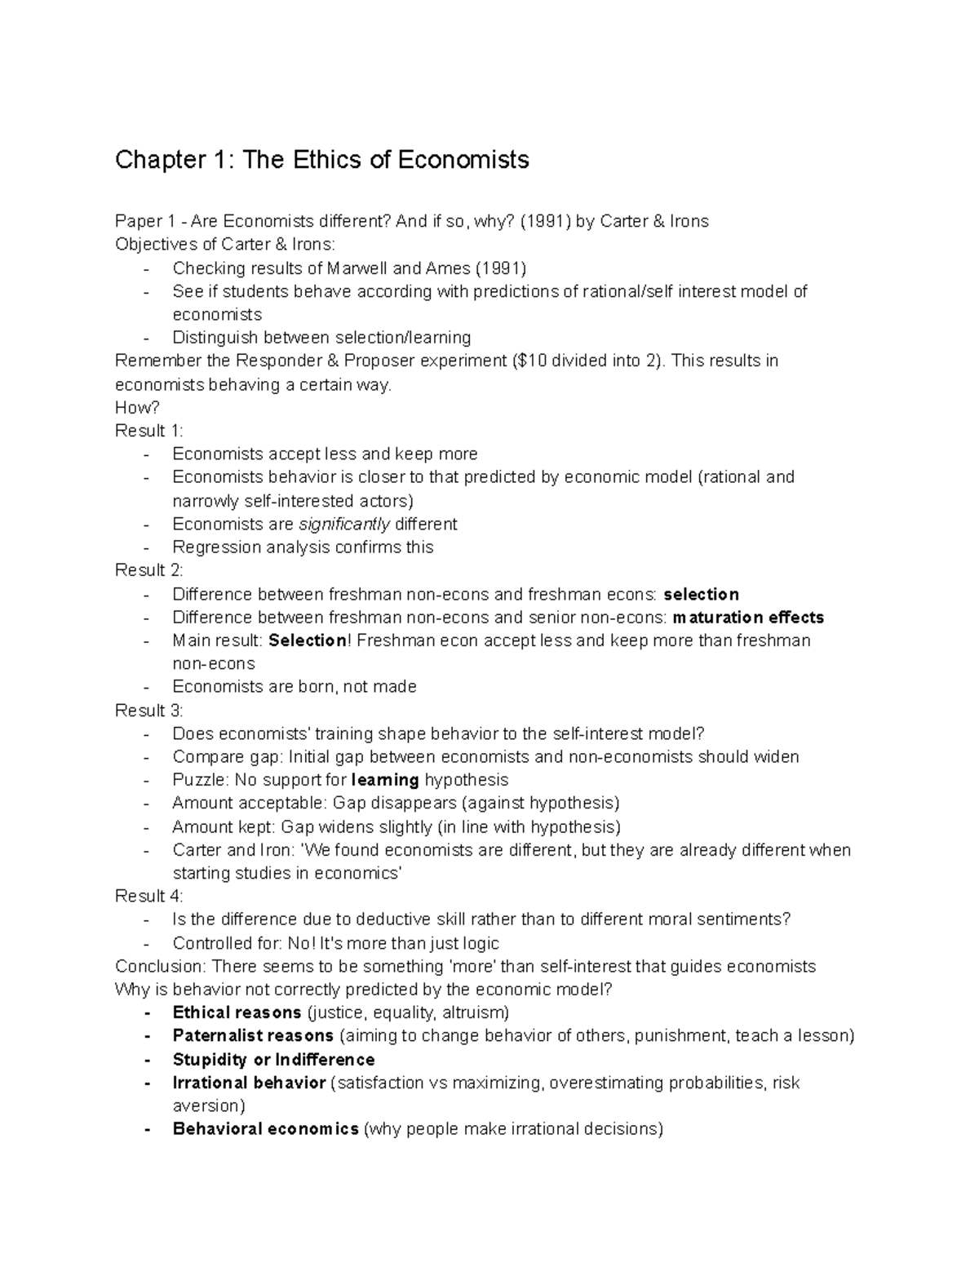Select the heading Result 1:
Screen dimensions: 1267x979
click(x=149, y=431)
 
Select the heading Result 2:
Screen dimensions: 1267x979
click(x=149, y=570)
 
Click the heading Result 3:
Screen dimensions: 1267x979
click(x=149, y=711)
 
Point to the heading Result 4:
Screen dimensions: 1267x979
click(x=149, y=897)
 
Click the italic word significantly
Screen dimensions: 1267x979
click(x=344, y=524)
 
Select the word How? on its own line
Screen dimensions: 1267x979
click(x=137, y=408)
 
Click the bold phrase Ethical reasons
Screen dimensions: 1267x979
click(x=237, y=1013)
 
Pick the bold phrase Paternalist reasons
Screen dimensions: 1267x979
click(x=253, y=1036)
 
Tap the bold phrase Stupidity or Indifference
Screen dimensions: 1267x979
click(x=273, y=1060)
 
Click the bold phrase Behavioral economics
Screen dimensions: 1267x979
click(x=265, y=1130)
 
